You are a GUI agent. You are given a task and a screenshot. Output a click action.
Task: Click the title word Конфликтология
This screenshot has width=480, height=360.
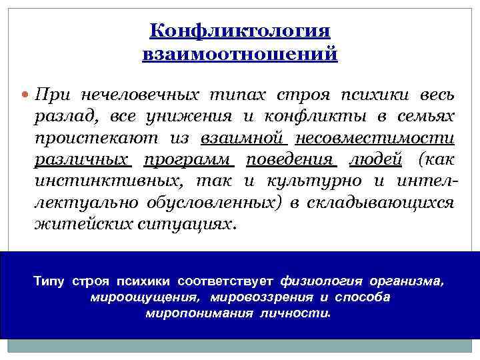coord(240,31)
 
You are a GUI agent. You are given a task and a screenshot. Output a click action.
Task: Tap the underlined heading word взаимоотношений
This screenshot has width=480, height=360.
coord(240,53)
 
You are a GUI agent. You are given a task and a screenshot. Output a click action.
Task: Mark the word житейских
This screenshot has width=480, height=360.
coord(75,225)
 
